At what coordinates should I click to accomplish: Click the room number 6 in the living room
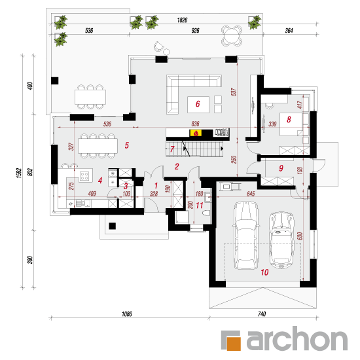(x=198, y=104)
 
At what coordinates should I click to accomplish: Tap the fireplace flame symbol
(x=196, y=133)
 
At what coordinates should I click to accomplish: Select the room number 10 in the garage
(x=264, y=272)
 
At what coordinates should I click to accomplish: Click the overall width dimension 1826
(x=183, y=20)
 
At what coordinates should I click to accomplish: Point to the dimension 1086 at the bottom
(x=127, y=314)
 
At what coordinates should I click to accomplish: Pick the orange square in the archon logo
(x=234, y=344)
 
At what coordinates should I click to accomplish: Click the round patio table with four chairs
(x=232, y=36)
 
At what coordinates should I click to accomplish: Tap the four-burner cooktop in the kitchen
(x=84, y=176)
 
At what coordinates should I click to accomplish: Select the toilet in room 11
(x=206, y=213)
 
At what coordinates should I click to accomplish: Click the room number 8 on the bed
(x=289, y=119)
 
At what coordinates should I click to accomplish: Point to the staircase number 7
(x=172, y=149)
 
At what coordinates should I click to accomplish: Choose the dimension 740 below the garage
(x=262, y=314)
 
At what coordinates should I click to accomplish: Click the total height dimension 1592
(x=19, y=173)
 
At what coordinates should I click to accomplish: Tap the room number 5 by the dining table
(x=127, y=145)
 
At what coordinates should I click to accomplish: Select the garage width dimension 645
(x=251, y=194)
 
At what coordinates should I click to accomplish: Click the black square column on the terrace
(x=54, y=81)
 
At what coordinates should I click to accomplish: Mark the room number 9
(x=281, y=168)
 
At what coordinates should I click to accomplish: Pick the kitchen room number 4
(x=100, y=181)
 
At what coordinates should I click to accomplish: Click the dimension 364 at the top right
(x=289, y=31)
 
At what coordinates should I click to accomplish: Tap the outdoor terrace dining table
(x=90, y=97)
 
